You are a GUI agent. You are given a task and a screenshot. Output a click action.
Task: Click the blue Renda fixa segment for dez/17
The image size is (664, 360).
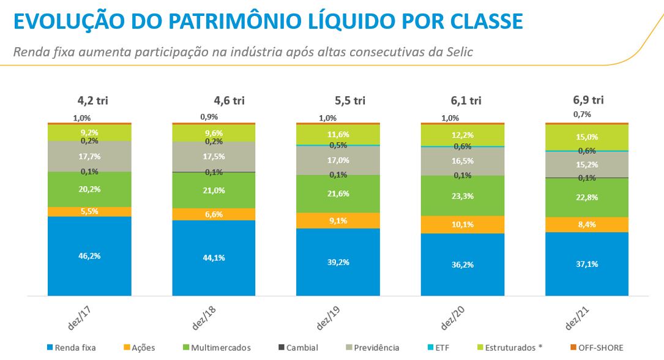coord(89,269)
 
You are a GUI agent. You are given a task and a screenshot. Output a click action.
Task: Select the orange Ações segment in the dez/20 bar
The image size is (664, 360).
coord(463,224)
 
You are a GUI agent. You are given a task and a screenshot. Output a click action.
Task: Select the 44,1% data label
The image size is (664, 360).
coord(214,258)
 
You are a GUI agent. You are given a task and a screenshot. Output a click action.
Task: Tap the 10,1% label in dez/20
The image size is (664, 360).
coord(463,224)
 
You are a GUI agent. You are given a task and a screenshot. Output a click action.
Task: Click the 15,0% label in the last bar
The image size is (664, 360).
coord(587,137)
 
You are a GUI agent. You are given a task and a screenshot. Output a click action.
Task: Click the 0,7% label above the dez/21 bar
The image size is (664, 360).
coord(582,114)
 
